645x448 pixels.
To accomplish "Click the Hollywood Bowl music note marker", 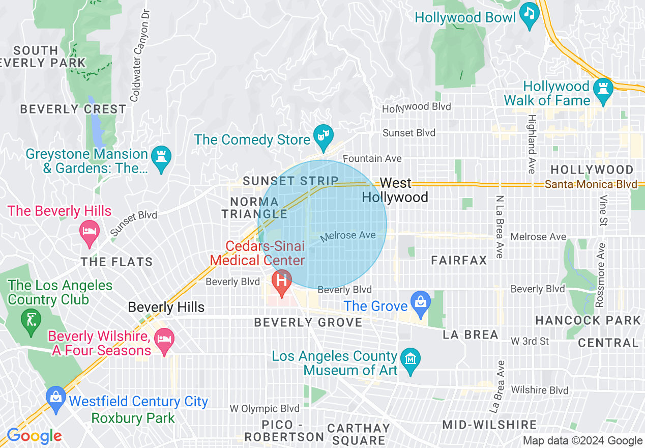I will pos(530,13).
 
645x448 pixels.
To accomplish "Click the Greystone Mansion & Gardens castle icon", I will pos(161,156).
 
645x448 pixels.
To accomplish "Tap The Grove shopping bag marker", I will pos(421,301).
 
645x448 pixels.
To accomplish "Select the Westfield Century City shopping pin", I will pos(55,397).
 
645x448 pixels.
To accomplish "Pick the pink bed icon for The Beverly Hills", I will pos(90,232).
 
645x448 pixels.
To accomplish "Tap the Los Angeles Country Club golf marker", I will pos(31,320).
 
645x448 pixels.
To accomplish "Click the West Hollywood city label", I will pos(395,190).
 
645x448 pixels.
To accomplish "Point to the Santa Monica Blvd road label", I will pos(591,184).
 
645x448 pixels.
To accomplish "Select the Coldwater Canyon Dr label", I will pos(138,54).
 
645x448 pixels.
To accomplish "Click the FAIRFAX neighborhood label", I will pos(459,261).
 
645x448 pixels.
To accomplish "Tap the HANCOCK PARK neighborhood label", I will pos(588,320).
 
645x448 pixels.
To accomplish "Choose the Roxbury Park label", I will pos(133,418).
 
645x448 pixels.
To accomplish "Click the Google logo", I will pos(34,436).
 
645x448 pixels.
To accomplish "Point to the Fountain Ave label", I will pos(372,159).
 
